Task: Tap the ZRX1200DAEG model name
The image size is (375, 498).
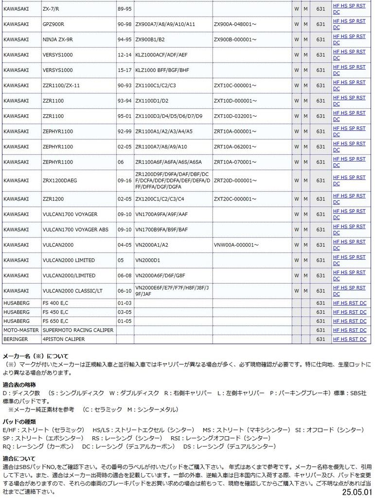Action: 60,180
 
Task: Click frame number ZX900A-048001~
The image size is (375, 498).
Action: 235,24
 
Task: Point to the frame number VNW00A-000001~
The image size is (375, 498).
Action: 236,245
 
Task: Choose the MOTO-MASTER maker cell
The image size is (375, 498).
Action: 21,330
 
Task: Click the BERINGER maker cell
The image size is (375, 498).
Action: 16,339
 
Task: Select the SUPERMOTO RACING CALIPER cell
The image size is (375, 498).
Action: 78,330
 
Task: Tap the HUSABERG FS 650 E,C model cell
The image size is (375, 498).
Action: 55,321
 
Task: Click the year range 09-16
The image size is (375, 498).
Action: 125,180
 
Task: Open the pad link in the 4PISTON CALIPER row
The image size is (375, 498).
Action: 349,339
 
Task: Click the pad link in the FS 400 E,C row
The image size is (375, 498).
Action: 349,303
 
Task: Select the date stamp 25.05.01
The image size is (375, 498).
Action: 357,492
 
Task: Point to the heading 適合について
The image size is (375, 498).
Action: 19,458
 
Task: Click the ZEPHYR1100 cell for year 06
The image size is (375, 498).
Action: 57,162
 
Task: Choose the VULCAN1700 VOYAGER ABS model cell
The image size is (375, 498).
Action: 75,230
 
